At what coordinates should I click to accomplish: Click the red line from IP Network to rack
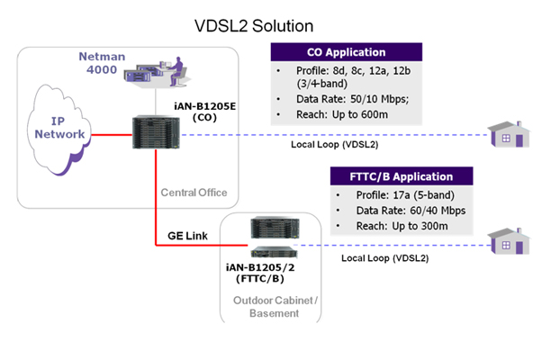pos(105,135)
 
